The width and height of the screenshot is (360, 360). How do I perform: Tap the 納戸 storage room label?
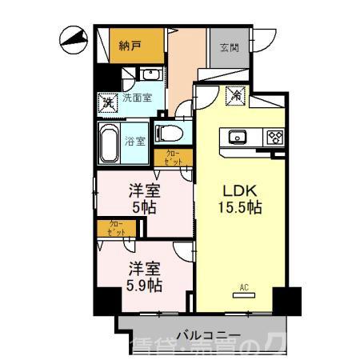pyautogui.click(x=130, y=46)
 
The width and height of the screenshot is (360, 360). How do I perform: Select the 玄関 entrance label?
pyautogui.click(x=230, y=46)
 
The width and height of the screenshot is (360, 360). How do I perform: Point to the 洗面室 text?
pyautogui.click(x=138, y=99)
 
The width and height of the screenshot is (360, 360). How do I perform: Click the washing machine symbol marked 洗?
pyautogui.click(x=106, y=102)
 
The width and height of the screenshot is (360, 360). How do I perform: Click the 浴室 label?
pyautogui.click(x=136, y=142)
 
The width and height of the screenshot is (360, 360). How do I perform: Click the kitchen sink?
pyautogui.click(x=239, y=137)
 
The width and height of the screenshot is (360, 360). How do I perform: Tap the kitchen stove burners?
pyautogui.click(x=276, y=137)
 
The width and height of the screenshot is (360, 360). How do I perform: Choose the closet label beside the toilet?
pyautogui.click(x=174, y=158)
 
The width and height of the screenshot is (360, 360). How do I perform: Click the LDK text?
pyautogui.click(x=238, y=190)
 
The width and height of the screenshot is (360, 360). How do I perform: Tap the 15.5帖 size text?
pyautogui.click(x=238, y=208)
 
